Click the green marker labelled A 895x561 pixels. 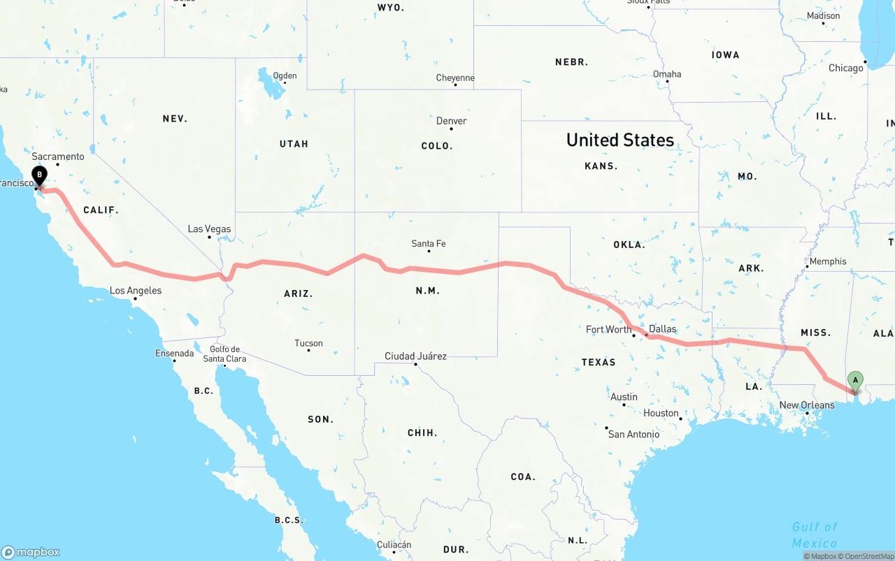tap(854, 381)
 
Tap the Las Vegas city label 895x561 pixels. tap(209, 229)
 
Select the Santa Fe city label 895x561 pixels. tap(429, 244)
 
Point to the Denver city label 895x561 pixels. tap(452, 121)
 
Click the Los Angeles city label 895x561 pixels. tap(136, 291)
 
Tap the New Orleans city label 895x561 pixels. tap(807, 405)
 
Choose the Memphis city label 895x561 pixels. tap(828, 261)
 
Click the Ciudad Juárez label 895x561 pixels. tap(415, 356)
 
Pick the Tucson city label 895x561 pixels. tap(308, 343)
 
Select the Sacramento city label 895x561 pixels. tap(58, 156)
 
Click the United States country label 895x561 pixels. tap(620, 140)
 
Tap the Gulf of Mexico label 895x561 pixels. tap(815, 534)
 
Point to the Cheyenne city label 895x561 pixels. tap(455, 78)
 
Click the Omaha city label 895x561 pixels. tap(667, 74)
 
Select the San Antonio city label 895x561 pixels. tap(633, 434)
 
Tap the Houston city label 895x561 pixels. tap(661, 413)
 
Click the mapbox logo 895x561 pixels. tap(31, 552)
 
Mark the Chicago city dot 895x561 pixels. tap(865, 61)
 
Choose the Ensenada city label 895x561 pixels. tap(174, 354)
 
